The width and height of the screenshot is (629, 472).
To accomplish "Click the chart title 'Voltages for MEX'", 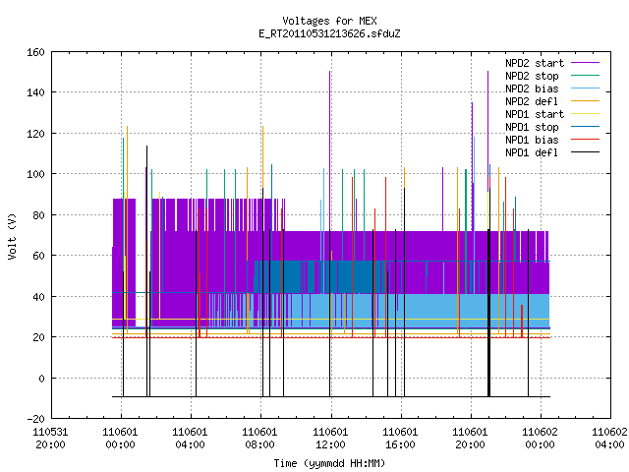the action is (329, 21).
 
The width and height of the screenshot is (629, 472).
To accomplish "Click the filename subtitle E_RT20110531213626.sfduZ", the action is (329, 33).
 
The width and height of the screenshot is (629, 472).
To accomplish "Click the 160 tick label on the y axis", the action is (35, 52).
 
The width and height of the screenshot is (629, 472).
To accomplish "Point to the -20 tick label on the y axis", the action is (35, 419).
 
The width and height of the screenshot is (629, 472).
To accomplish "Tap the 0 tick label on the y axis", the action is (41, 378).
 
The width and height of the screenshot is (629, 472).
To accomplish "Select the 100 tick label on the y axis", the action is (35, 174).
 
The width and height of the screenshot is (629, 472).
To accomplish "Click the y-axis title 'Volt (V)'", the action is (12, 236).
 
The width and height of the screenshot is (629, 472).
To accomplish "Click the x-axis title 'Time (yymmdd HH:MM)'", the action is (329, 463).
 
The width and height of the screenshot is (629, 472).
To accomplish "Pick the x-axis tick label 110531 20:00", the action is (50, 439).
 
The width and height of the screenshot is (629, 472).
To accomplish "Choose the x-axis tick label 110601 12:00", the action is (330, 439).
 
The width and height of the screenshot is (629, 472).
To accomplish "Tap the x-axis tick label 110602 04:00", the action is (609, 439).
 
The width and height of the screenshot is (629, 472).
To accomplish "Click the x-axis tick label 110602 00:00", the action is (540, 439).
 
